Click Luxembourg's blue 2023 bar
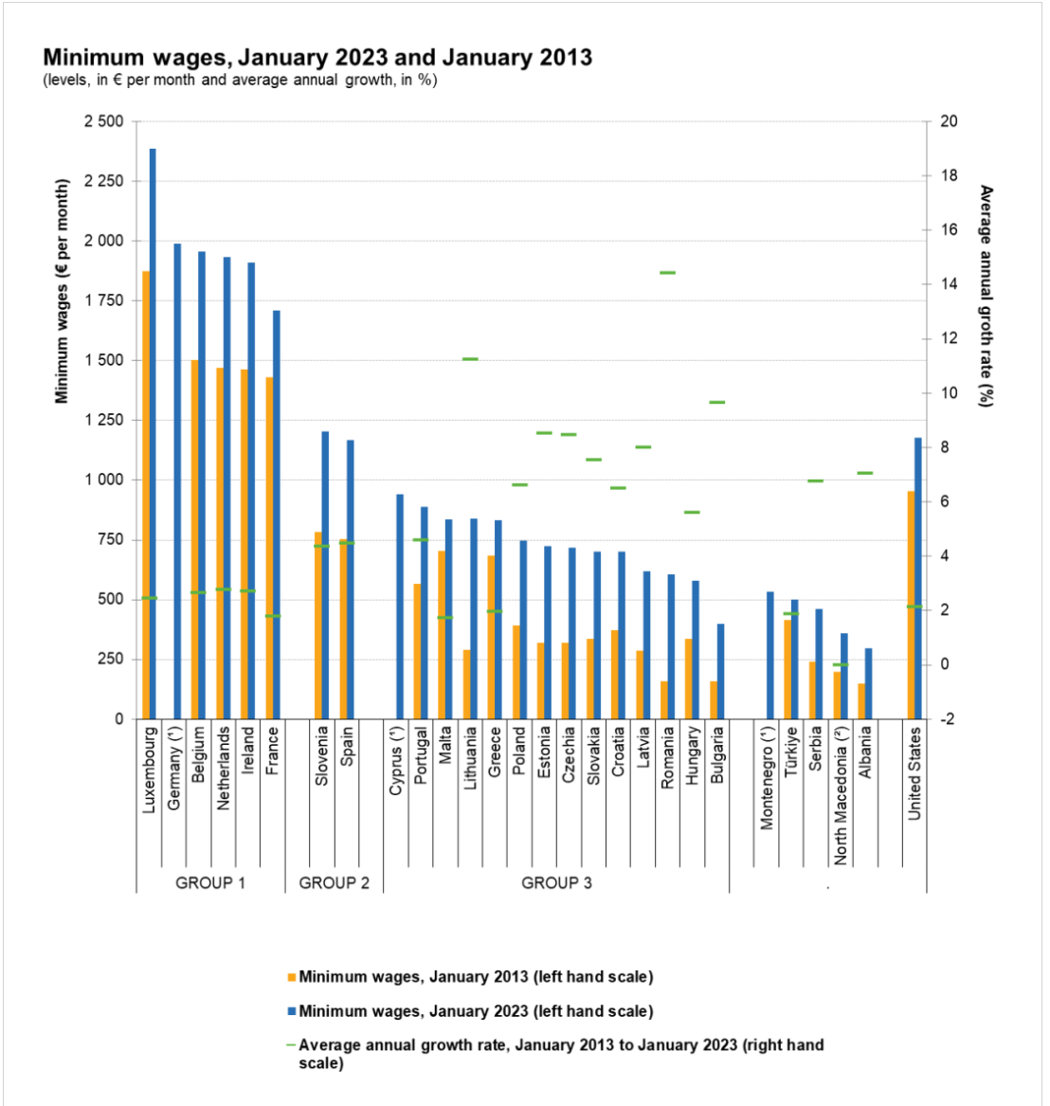pos(153,434)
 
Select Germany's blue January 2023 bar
pos(177,481)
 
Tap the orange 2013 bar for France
pos(269,548)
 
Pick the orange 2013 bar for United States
pos(911,606)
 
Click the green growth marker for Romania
pos(668,273)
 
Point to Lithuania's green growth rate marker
pos(470,359)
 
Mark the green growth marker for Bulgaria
pos(717,402)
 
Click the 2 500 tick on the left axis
pos(103,121)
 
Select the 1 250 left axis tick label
pos(103,420)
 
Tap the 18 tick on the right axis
pos(950,175)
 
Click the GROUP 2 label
pos(335,883)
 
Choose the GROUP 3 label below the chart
pos(556,883)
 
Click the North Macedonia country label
pos(841,796)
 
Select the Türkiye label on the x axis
pos(791,752)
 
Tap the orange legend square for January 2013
pos(291,978)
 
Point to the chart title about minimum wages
pos(317,57)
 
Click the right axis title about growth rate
pos(986,297)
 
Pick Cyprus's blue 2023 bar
pos(400,607)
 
